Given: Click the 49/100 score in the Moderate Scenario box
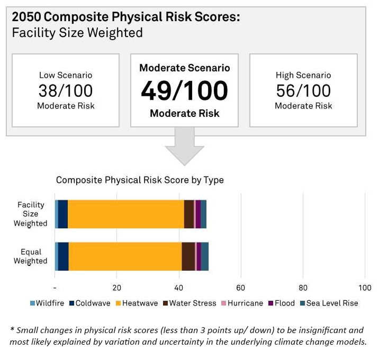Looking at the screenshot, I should coord(184,91).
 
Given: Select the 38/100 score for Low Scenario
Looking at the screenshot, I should coord(66,90).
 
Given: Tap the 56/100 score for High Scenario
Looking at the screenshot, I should coord(303,90).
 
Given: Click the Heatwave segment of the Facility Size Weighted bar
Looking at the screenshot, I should coord(126,214).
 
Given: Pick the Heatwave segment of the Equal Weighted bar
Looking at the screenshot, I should coord(125,256).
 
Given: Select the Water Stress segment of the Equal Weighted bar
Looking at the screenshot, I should coord(188,256).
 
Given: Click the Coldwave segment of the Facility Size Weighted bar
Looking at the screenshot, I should coord(63,214).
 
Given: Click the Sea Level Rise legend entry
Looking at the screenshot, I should coord(329,303).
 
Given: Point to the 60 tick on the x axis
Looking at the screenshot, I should coord(241,288).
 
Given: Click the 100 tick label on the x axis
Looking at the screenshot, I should coord(365,288).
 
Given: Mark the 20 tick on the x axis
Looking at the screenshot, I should coord(117,288).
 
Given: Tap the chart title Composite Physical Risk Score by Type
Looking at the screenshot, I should coord(140,180).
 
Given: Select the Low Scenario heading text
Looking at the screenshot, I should coord(66,75).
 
